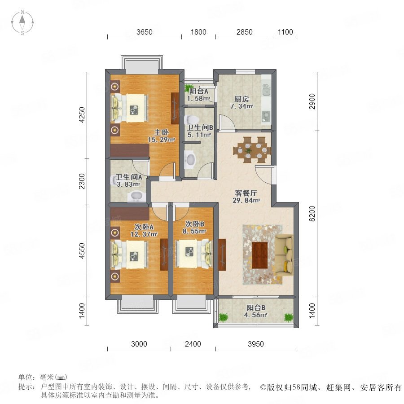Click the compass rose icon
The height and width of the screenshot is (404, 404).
[22, 22]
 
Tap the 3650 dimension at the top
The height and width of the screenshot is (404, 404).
[144, 32]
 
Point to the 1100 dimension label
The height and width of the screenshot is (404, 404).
[285, 32]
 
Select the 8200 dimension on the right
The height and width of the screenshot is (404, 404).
[312, 214]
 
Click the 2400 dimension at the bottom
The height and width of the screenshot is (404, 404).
[193, 344]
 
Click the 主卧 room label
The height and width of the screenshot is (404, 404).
[162, 132]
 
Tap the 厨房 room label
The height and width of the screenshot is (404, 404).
[242, 99]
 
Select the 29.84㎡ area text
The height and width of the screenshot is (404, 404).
[246, 200]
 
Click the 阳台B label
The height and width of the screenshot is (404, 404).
[255, 307]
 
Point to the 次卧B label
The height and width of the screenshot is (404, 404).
[194, 224]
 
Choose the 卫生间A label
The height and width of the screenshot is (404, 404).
[128, 177]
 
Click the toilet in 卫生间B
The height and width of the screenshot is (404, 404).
[192, 119]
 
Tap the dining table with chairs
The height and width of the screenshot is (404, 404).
[252, 150]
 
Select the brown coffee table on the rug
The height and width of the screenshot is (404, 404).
[260, 255]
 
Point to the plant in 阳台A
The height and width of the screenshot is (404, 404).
[189, 87]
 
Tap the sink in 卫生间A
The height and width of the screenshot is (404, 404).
[136, 196]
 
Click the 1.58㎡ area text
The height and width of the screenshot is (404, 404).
[198, 98]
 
